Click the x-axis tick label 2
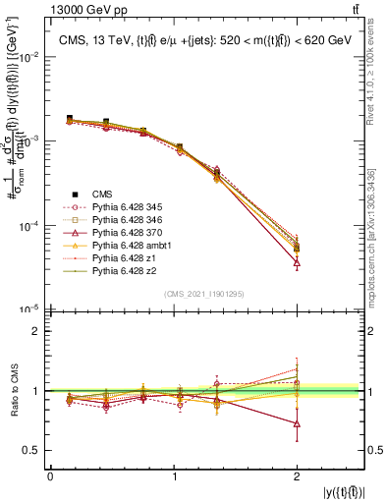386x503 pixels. coord(298,475)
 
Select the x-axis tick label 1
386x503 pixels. coord(174,475)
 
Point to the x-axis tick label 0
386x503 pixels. coord(50,475)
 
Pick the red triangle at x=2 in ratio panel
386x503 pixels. coord(298,424)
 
